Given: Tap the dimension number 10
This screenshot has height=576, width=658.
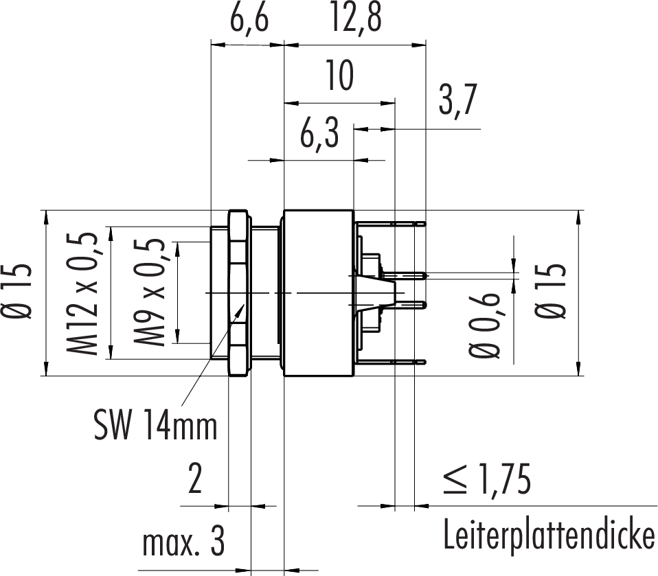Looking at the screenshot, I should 339,76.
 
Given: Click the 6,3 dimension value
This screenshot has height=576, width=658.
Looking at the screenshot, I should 319,136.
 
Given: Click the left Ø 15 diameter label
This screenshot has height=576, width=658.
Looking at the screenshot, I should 19,292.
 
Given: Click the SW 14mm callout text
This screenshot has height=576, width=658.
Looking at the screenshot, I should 155,426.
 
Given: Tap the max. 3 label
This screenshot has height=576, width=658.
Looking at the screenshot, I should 183,544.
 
